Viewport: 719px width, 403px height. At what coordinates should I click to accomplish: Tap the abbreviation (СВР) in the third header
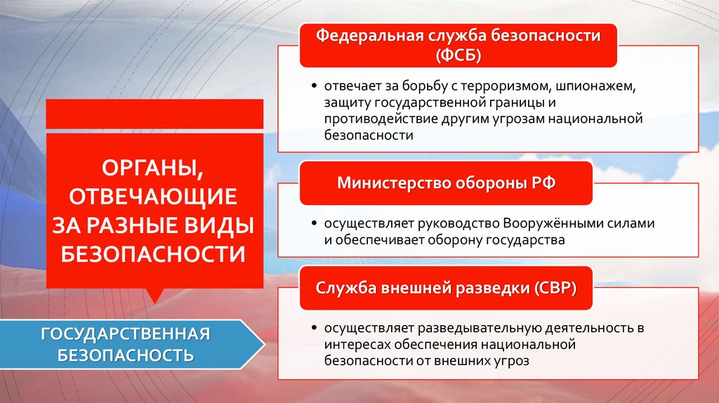pos(555,288)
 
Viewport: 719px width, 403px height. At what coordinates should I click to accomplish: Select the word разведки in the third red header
pos(498,288)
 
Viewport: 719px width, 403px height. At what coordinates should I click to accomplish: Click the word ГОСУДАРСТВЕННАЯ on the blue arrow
pos(126,332)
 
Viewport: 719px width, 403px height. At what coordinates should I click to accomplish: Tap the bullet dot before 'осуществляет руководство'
pos(314,225)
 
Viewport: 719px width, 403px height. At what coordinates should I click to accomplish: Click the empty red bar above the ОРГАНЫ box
pos(154,114)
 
